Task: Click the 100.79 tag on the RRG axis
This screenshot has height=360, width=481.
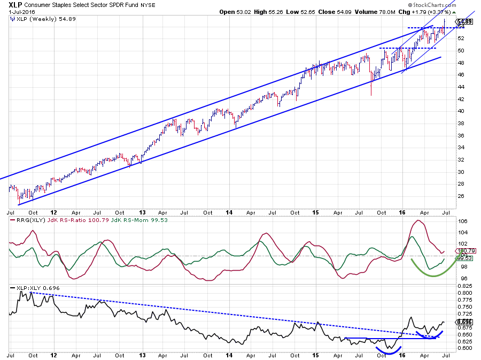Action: pos(464,250)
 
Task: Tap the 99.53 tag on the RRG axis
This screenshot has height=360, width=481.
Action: pos(464,258)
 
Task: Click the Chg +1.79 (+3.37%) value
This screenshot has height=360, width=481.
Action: pos(429,11)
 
